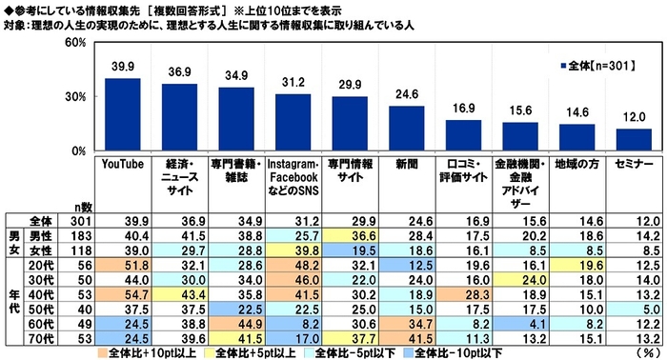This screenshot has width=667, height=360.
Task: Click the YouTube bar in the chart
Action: click(123, 114)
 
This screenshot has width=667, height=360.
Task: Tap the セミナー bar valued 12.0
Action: click(634, 140)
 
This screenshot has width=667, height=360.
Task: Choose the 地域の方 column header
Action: click(576, 164)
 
